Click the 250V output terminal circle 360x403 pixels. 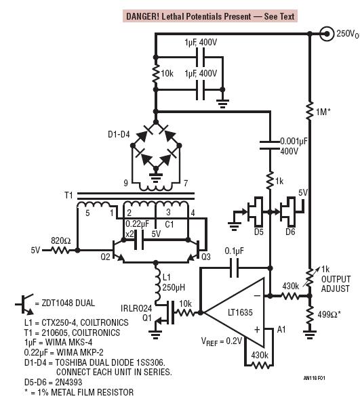(327, 34)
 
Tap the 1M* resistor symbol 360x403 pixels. (310, 110)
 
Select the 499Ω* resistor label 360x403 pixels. (329, 314)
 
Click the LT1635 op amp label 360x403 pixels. (240, 312)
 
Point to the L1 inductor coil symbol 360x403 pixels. (157, 284)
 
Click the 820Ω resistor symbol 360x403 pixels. (60, 250)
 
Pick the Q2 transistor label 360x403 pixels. (105, 257)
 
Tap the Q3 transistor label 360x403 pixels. (206, 257)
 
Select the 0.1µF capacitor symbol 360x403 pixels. (234, 268)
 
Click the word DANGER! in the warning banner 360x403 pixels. (142, 16)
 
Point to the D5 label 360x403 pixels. (258, 232)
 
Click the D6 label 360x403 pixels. (290, 232)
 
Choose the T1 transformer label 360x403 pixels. (68, 195)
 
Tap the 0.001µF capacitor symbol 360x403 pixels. (269, 145)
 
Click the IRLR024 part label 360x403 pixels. (136, 308)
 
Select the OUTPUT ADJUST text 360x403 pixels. (336, 284)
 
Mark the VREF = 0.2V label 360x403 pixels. (221, 341)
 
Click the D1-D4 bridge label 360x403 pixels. (119, 134)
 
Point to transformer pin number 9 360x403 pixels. (125, 183)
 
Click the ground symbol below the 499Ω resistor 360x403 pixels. (310, 335)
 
